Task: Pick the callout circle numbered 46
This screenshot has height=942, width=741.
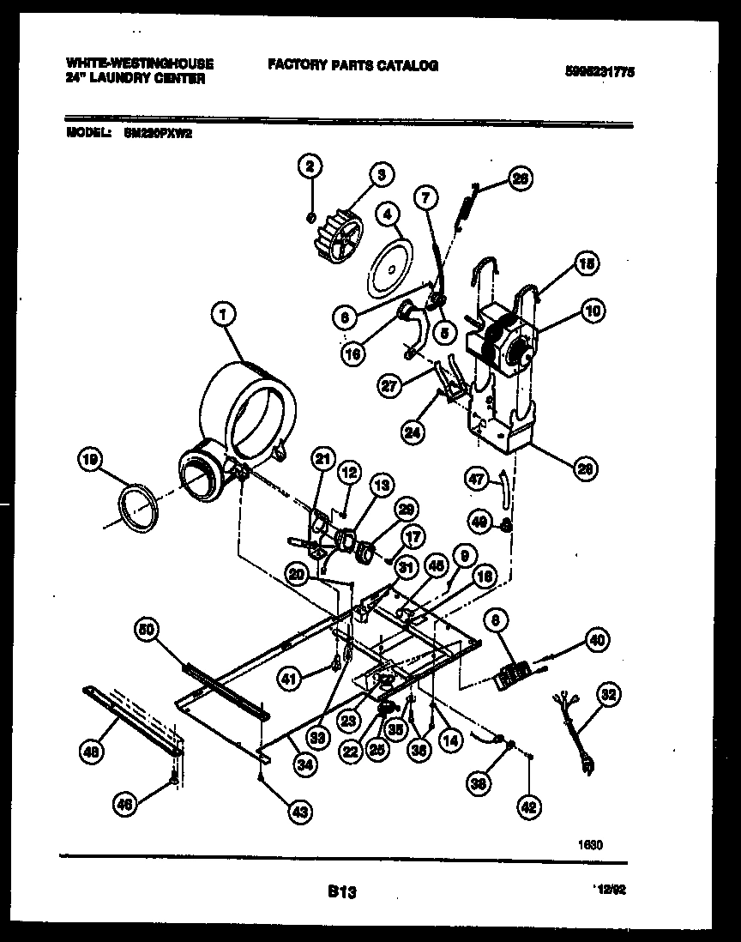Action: pyautogui.click(x=125, y=804)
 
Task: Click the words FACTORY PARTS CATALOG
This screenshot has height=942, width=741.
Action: pyautogui.click(x=352, y=65)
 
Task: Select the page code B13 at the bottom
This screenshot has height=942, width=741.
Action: pyautogui.click(x=341, y=893)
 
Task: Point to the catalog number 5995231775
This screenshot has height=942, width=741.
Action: pyautogui.click(x=600, y=74)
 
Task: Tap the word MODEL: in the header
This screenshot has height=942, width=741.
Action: pyautogui.click(x=87, y=133)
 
